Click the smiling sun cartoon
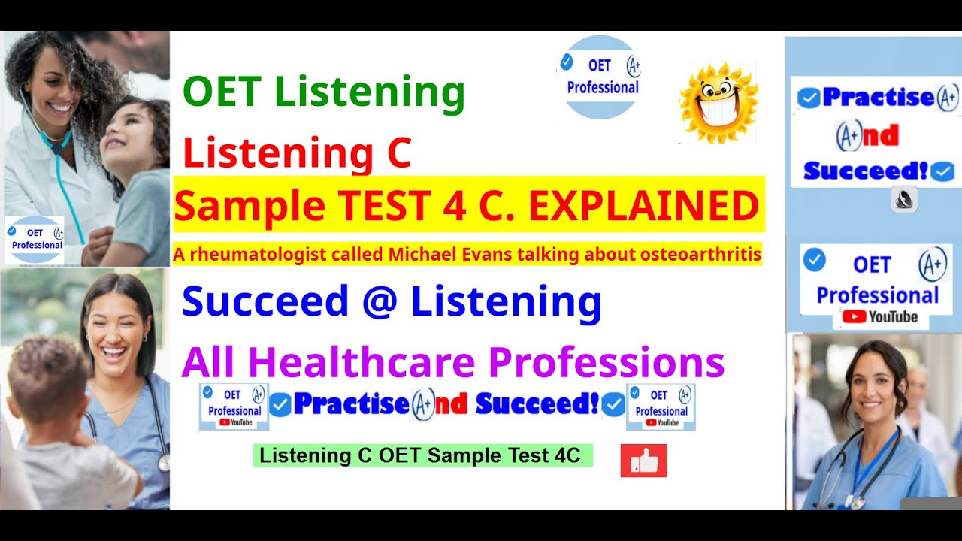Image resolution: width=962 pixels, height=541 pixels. tap(718, 102)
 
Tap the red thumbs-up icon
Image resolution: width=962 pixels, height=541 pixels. tap(643, 461)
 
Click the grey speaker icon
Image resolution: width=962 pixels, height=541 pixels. tap(904, 199)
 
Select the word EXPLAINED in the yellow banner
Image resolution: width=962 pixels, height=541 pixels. tap(644, 206)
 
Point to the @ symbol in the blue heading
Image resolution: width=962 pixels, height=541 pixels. tap(380, 301)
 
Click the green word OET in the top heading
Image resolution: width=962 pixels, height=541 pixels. tap(222, 91)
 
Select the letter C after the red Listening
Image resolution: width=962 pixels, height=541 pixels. tap(399, 152)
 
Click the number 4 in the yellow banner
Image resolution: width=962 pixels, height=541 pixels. tap(455, 206)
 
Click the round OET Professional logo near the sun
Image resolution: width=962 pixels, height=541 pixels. tap(600, 77)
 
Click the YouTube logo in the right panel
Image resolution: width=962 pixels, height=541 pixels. tap(879, 317)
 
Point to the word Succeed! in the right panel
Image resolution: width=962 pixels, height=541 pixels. tap(866, 171)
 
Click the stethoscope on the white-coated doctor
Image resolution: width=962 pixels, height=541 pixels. tap(52, 142)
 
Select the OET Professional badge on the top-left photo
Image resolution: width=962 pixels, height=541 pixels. tap(35, 240)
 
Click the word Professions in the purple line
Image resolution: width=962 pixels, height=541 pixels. tap(607, 362)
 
